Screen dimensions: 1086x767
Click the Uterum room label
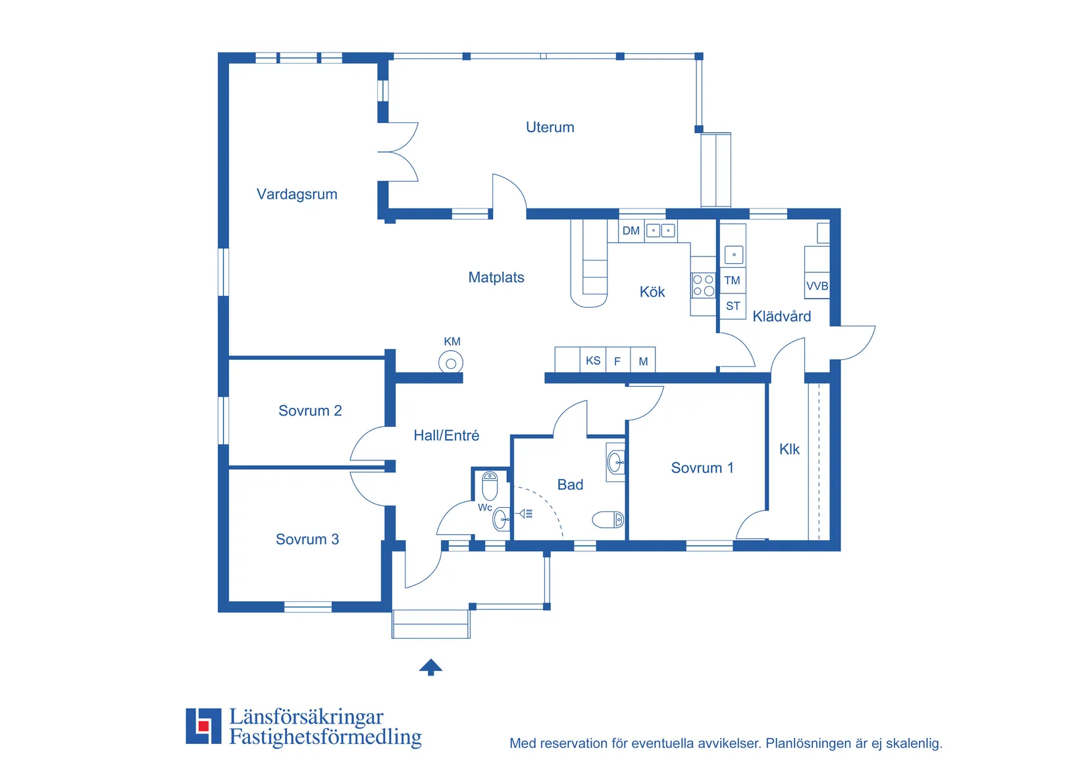550,128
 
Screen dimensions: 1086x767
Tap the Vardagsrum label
297,194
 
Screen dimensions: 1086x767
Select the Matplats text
496,277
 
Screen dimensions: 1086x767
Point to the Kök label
652,291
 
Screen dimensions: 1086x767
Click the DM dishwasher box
631,231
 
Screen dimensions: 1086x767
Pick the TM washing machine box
733,280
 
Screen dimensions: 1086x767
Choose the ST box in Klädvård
733,307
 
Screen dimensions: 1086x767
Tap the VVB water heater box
817,286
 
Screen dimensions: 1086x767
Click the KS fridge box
593,360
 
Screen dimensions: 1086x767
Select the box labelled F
617,360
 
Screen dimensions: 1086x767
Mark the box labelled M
643,360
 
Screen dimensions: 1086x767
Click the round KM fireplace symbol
451,363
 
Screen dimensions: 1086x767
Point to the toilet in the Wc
490,486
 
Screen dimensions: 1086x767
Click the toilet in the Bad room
608,520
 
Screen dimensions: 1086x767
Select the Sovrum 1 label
702,468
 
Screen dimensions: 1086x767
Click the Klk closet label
789,449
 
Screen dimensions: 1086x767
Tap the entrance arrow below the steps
430,667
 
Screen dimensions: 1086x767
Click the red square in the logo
203,726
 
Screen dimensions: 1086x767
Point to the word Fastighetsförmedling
325,737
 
